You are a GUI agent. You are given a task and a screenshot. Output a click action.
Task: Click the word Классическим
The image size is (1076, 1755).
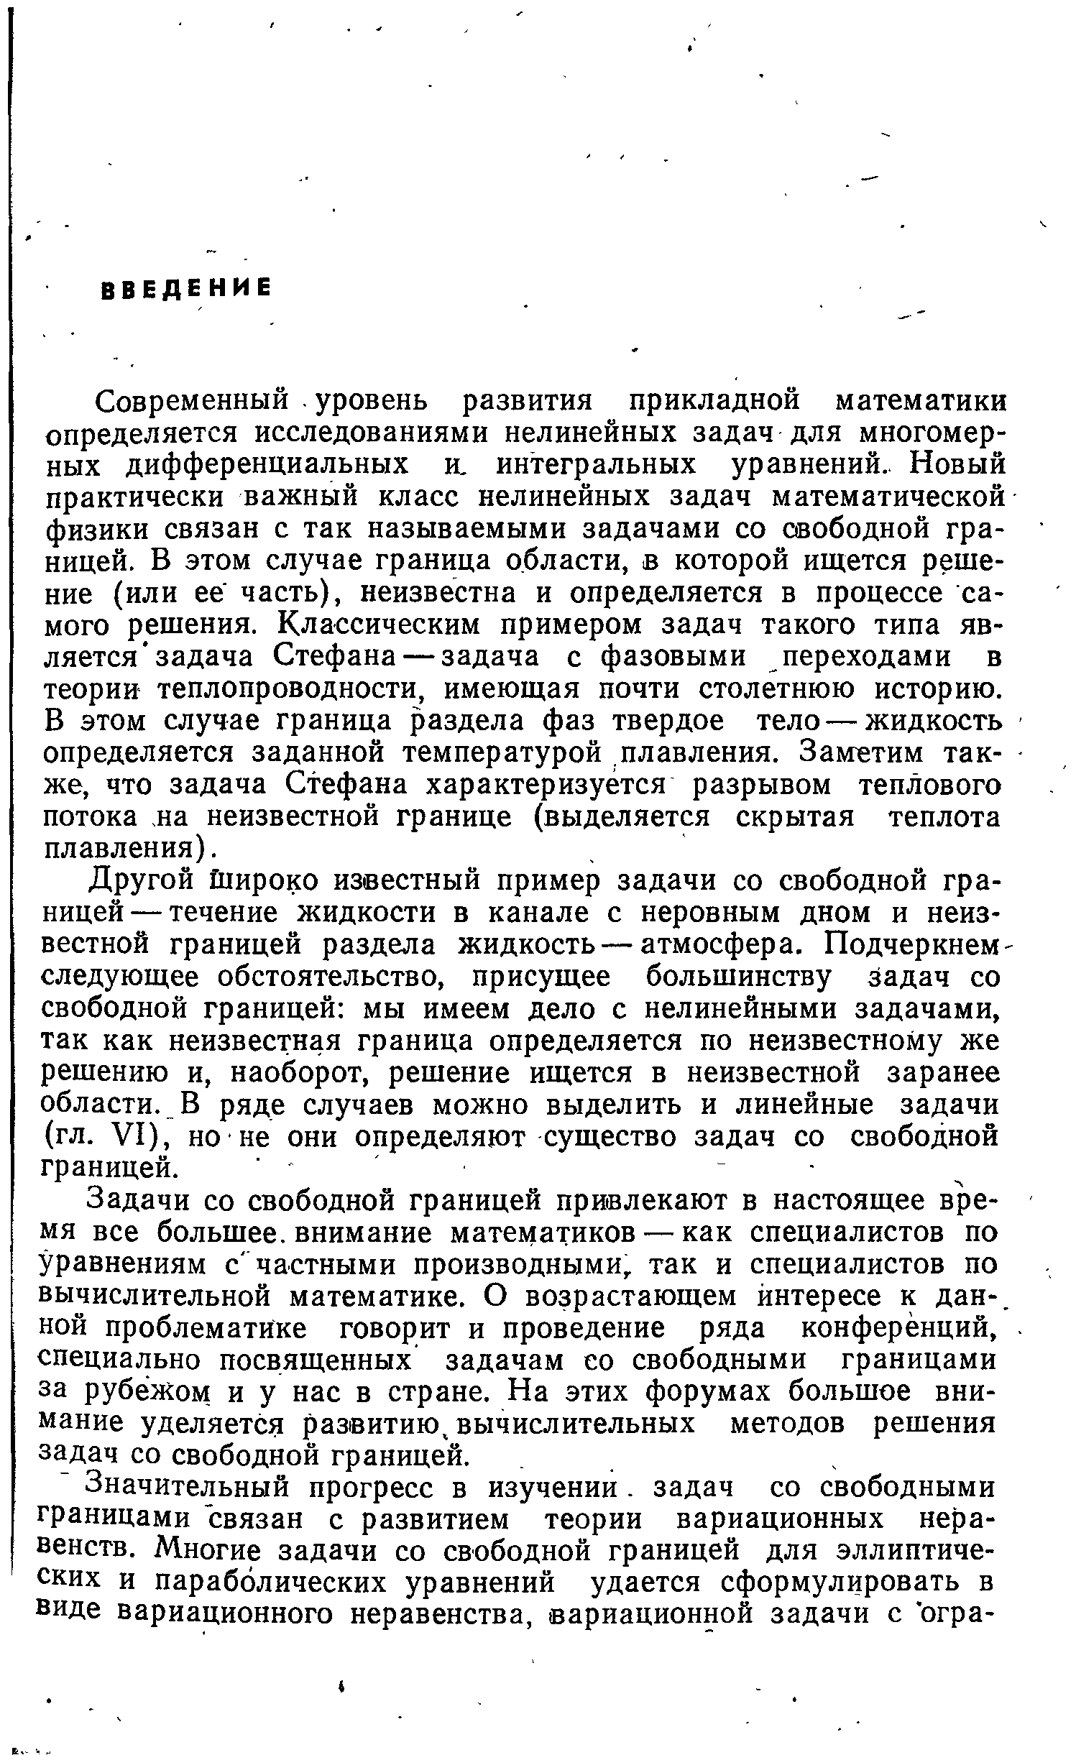point(377,625)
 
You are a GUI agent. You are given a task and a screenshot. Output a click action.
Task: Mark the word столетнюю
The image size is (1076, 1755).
point(748,689)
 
